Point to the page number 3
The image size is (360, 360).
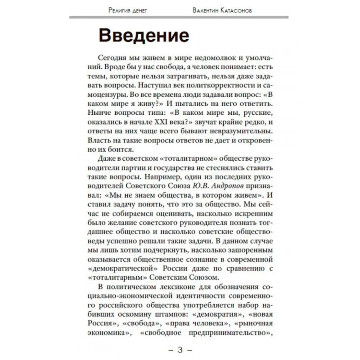point(180,350)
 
